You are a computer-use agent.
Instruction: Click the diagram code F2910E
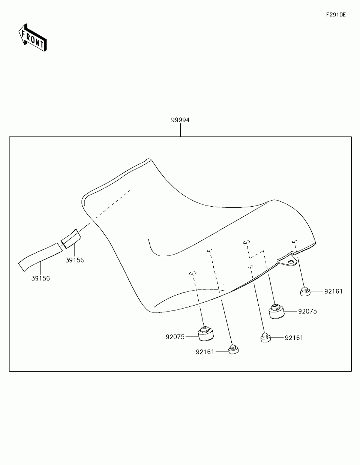(x=335, y=15)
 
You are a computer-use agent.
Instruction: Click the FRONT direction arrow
(x=33, y=37)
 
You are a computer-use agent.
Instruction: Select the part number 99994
(x=180, y=120)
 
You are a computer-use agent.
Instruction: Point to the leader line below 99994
(x=180, y=130)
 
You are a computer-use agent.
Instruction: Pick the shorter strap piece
(x=71, y=239)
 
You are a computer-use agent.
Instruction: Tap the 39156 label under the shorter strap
(x=75, y=260)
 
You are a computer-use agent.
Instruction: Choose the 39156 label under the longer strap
(x=40, y=278)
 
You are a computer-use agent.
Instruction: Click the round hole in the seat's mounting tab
(x=291, y=261)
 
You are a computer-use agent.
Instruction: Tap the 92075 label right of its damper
(x=307, y=311)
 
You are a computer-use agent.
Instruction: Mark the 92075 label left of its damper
(x=175, y=337)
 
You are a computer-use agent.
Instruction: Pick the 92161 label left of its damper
(x=205, y=352)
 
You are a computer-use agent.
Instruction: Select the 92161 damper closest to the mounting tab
(x=305, y=291)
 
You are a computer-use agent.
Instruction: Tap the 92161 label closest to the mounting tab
(x=333, y=291)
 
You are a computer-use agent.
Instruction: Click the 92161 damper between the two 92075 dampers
(x=265, y=338)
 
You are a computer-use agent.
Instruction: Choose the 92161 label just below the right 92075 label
(x=294, y=338)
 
